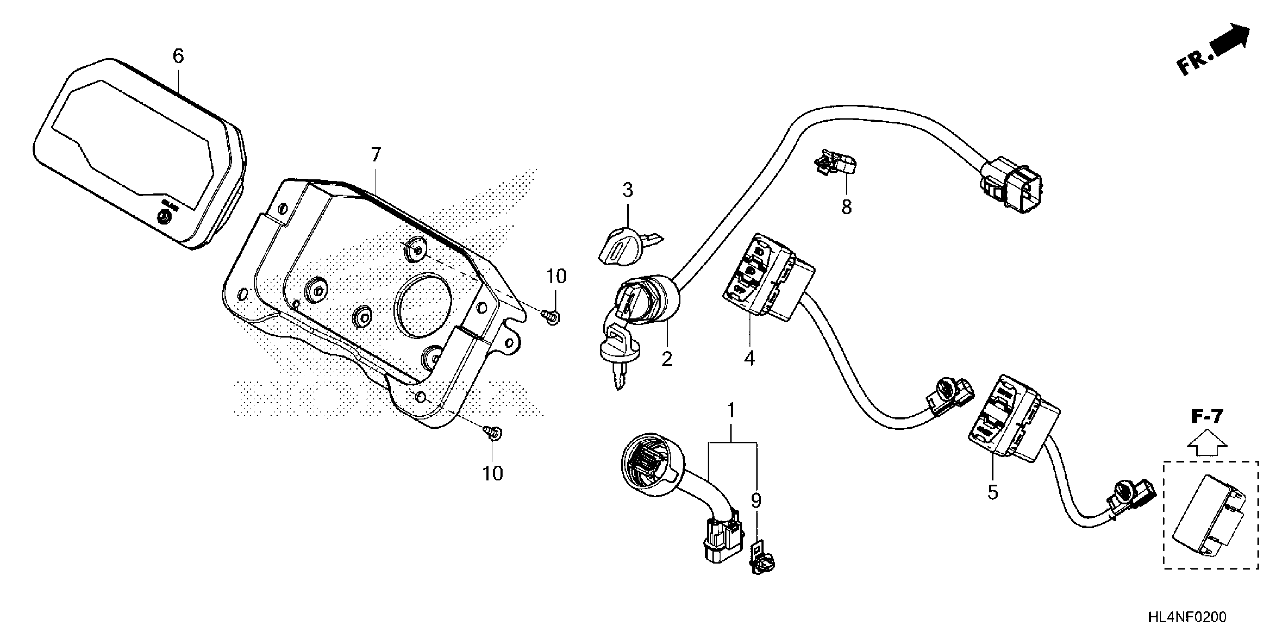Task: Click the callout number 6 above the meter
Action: [x=178, y=56]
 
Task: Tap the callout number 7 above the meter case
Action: [x=376, y=155]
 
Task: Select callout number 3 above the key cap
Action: [x=627, y=190]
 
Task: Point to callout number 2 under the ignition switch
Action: [x=667, y=359]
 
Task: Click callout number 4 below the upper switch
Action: [x=749, y=358]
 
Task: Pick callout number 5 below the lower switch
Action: [x=992, y=492]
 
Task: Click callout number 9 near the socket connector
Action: [x=756, y=501]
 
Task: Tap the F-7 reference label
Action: [x=1207, y=417]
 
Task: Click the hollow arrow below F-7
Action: [x=1207, y=442]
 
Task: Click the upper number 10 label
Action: [x=556, y=276]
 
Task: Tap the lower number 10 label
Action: [x=492, y=474]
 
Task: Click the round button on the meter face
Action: [x=163, y=217]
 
